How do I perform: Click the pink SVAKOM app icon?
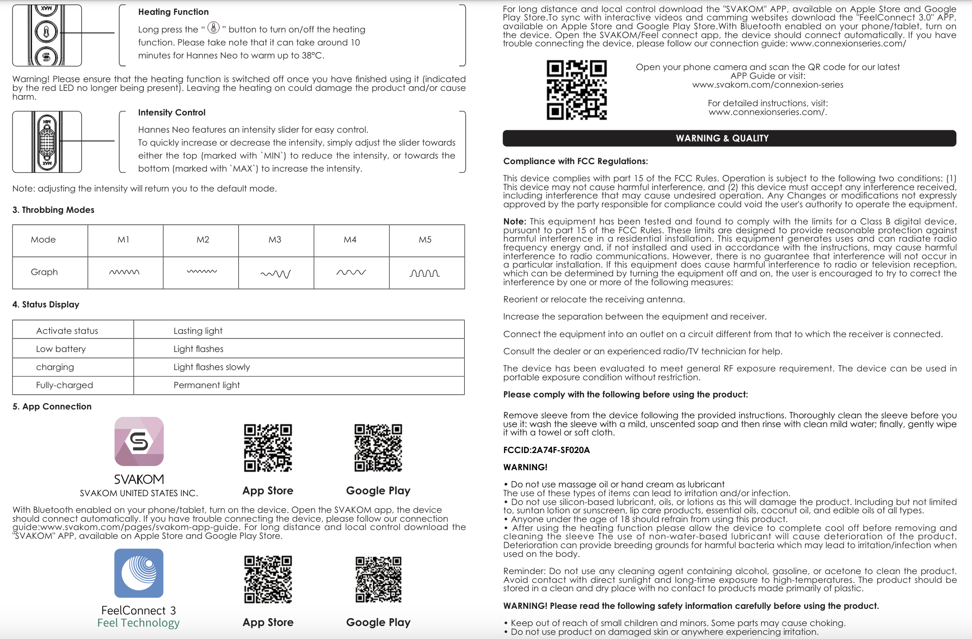point(139,441)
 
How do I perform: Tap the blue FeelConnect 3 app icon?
point(139,573)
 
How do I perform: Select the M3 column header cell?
point(275,240)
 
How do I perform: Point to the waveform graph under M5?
point(424,273)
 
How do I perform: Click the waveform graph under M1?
point(124,272)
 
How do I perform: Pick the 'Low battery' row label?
point(61,349)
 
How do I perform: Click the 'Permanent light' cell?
point(206,385)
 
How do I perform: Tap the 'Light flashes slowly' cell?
point(211,367)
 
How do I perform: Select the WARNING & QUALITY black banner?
point(729,138)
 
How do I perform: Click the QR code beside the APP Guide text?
point(576,90)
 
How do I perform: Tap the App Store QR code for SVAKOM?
point(268,447)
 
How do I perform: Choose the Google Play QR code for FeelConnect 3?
point(378,579)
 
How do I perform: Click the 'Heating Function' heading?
point(173,12)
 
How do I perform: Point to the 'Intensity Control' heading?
point(172,112)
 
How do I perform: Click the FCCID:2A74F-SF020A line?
point(546,450)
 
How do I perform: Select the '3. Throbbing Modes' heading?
point(53,210)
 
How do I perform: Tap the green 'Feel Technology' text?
point(138,623)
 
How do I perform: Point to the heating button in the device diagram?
point(46,32)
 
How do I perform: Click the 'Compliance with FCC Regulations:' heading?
point(576,161)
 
